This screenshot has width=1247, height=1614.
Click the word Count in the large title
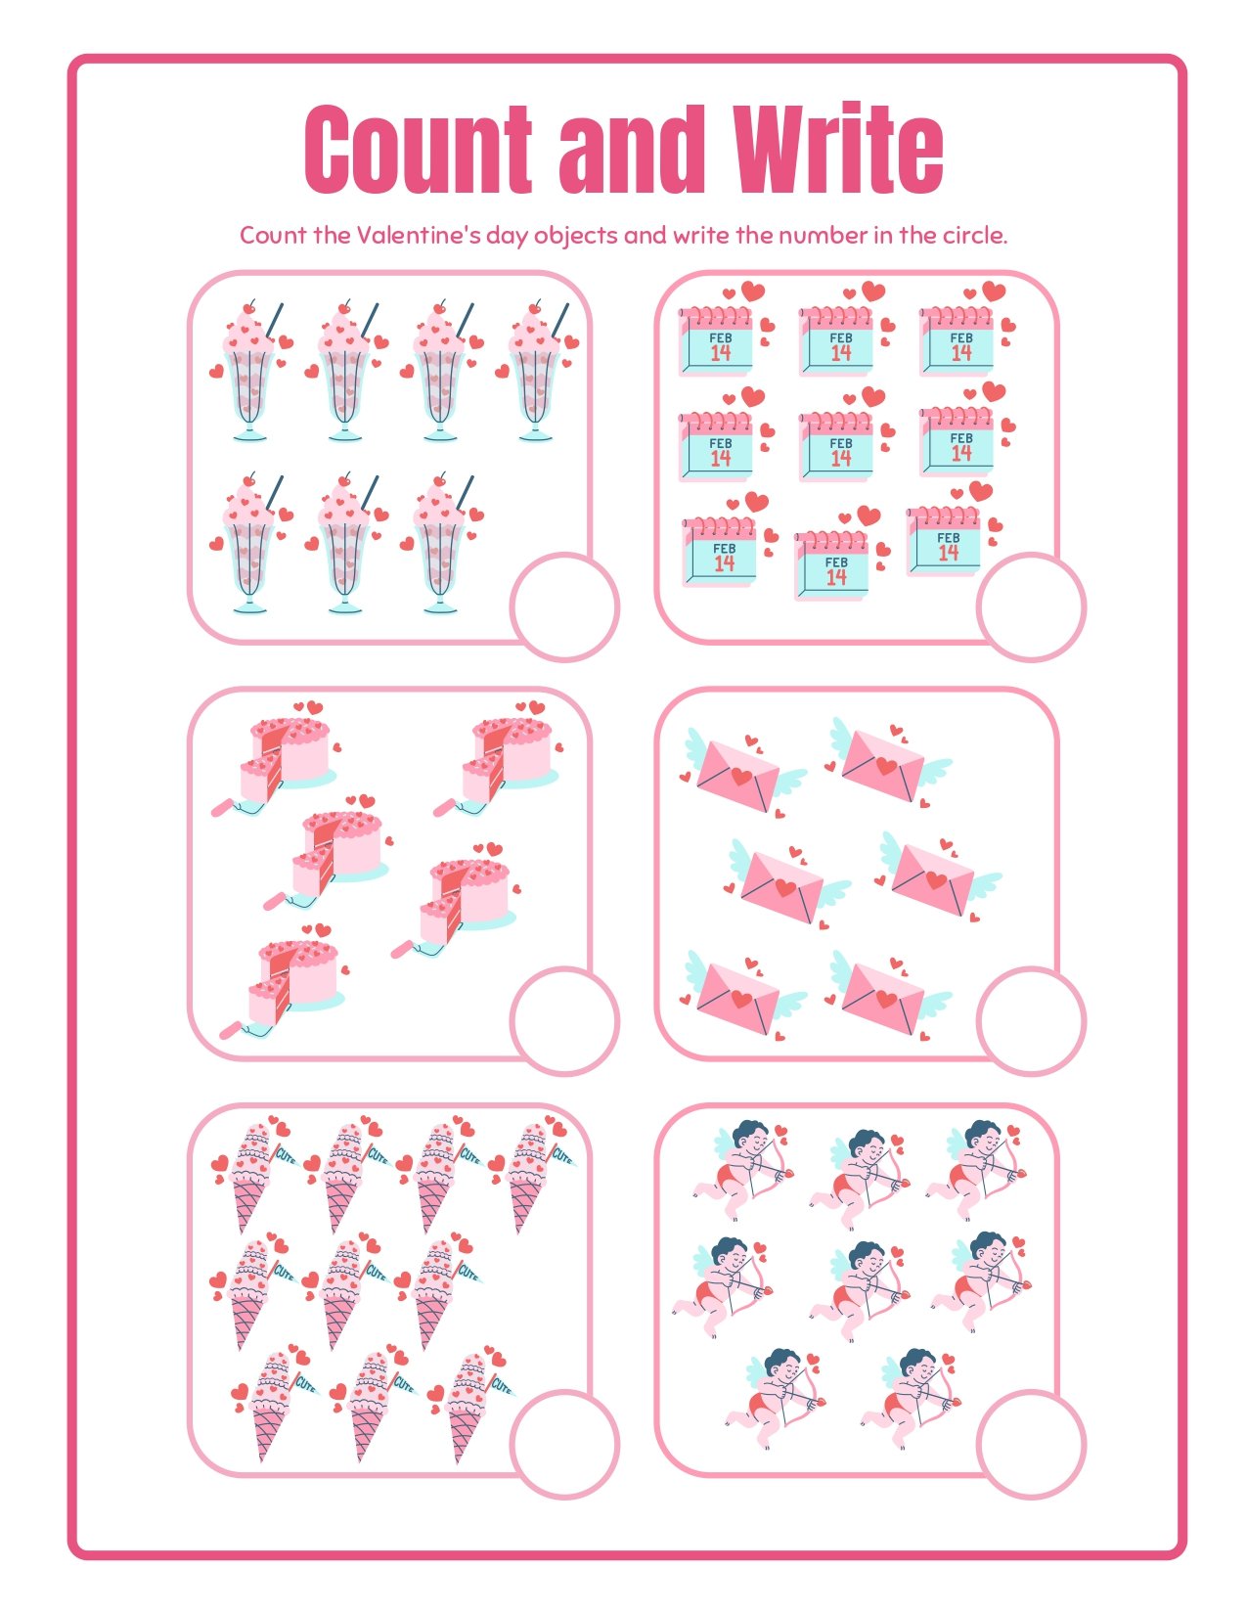(x=419, y=150)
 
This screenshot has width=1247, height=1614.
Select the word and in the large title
(x=631, y=149)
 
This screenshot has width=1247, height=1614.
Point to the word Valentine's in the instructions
(x=419, y=235)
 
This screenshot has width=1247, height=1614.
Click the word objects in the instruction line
(x=576, y=236)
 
